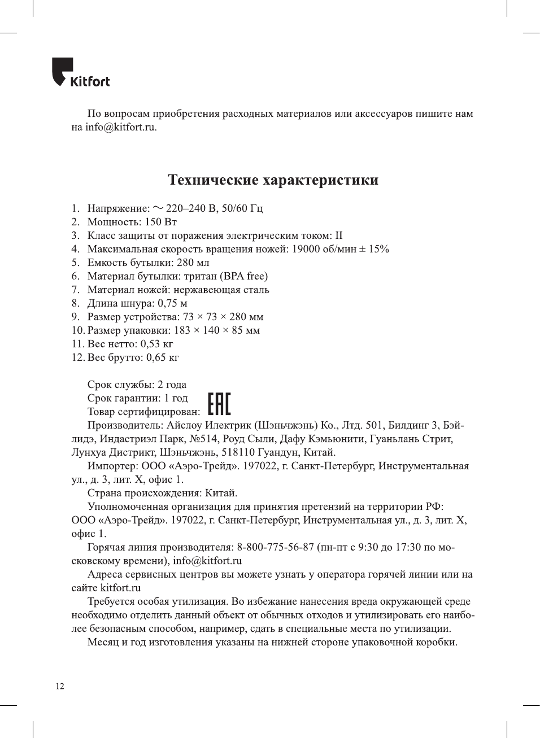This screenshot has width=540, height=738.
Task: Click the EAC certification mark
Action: [x=219, y=404]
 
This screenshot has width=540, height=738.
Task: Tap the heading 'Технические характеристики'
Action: [x=273, y=180]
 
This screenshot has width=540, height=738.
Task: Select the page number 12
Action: [x=60, y=686]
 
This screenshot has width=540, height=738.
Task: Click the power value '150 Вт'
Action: [x=161, y=222]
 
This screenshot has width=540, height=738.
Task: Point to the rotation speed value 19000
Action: [x=306, y=249]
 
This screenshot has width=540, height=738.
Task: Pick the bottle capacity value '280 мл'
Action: [x=193, y=263]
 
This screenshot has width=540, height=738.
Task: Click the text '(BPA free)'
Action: [x=244, y=276]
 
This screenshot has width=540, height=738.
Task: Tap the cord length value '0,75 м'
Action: [x=172, y=303]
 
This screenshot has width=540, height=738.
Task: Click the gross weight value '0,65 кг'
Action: [x=163, y=357]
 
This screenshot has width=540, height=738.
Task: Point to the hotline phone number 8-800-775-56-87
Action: [x=275, y=547]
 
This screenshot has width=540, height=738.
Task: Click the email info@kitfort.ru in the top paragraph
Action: [x=120, y=127]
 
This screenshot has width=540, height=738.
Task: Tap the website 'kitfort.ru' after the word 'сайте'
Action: [x=120, y=588]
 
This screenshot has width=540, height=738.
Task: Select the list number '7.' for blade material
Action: [x=76, y=290]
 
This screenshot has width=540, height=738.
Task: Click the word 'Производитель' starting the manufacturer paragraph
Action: [x=124, y=425]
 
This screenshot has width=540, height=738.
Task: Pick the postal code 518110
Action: [x=238, y=452]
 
